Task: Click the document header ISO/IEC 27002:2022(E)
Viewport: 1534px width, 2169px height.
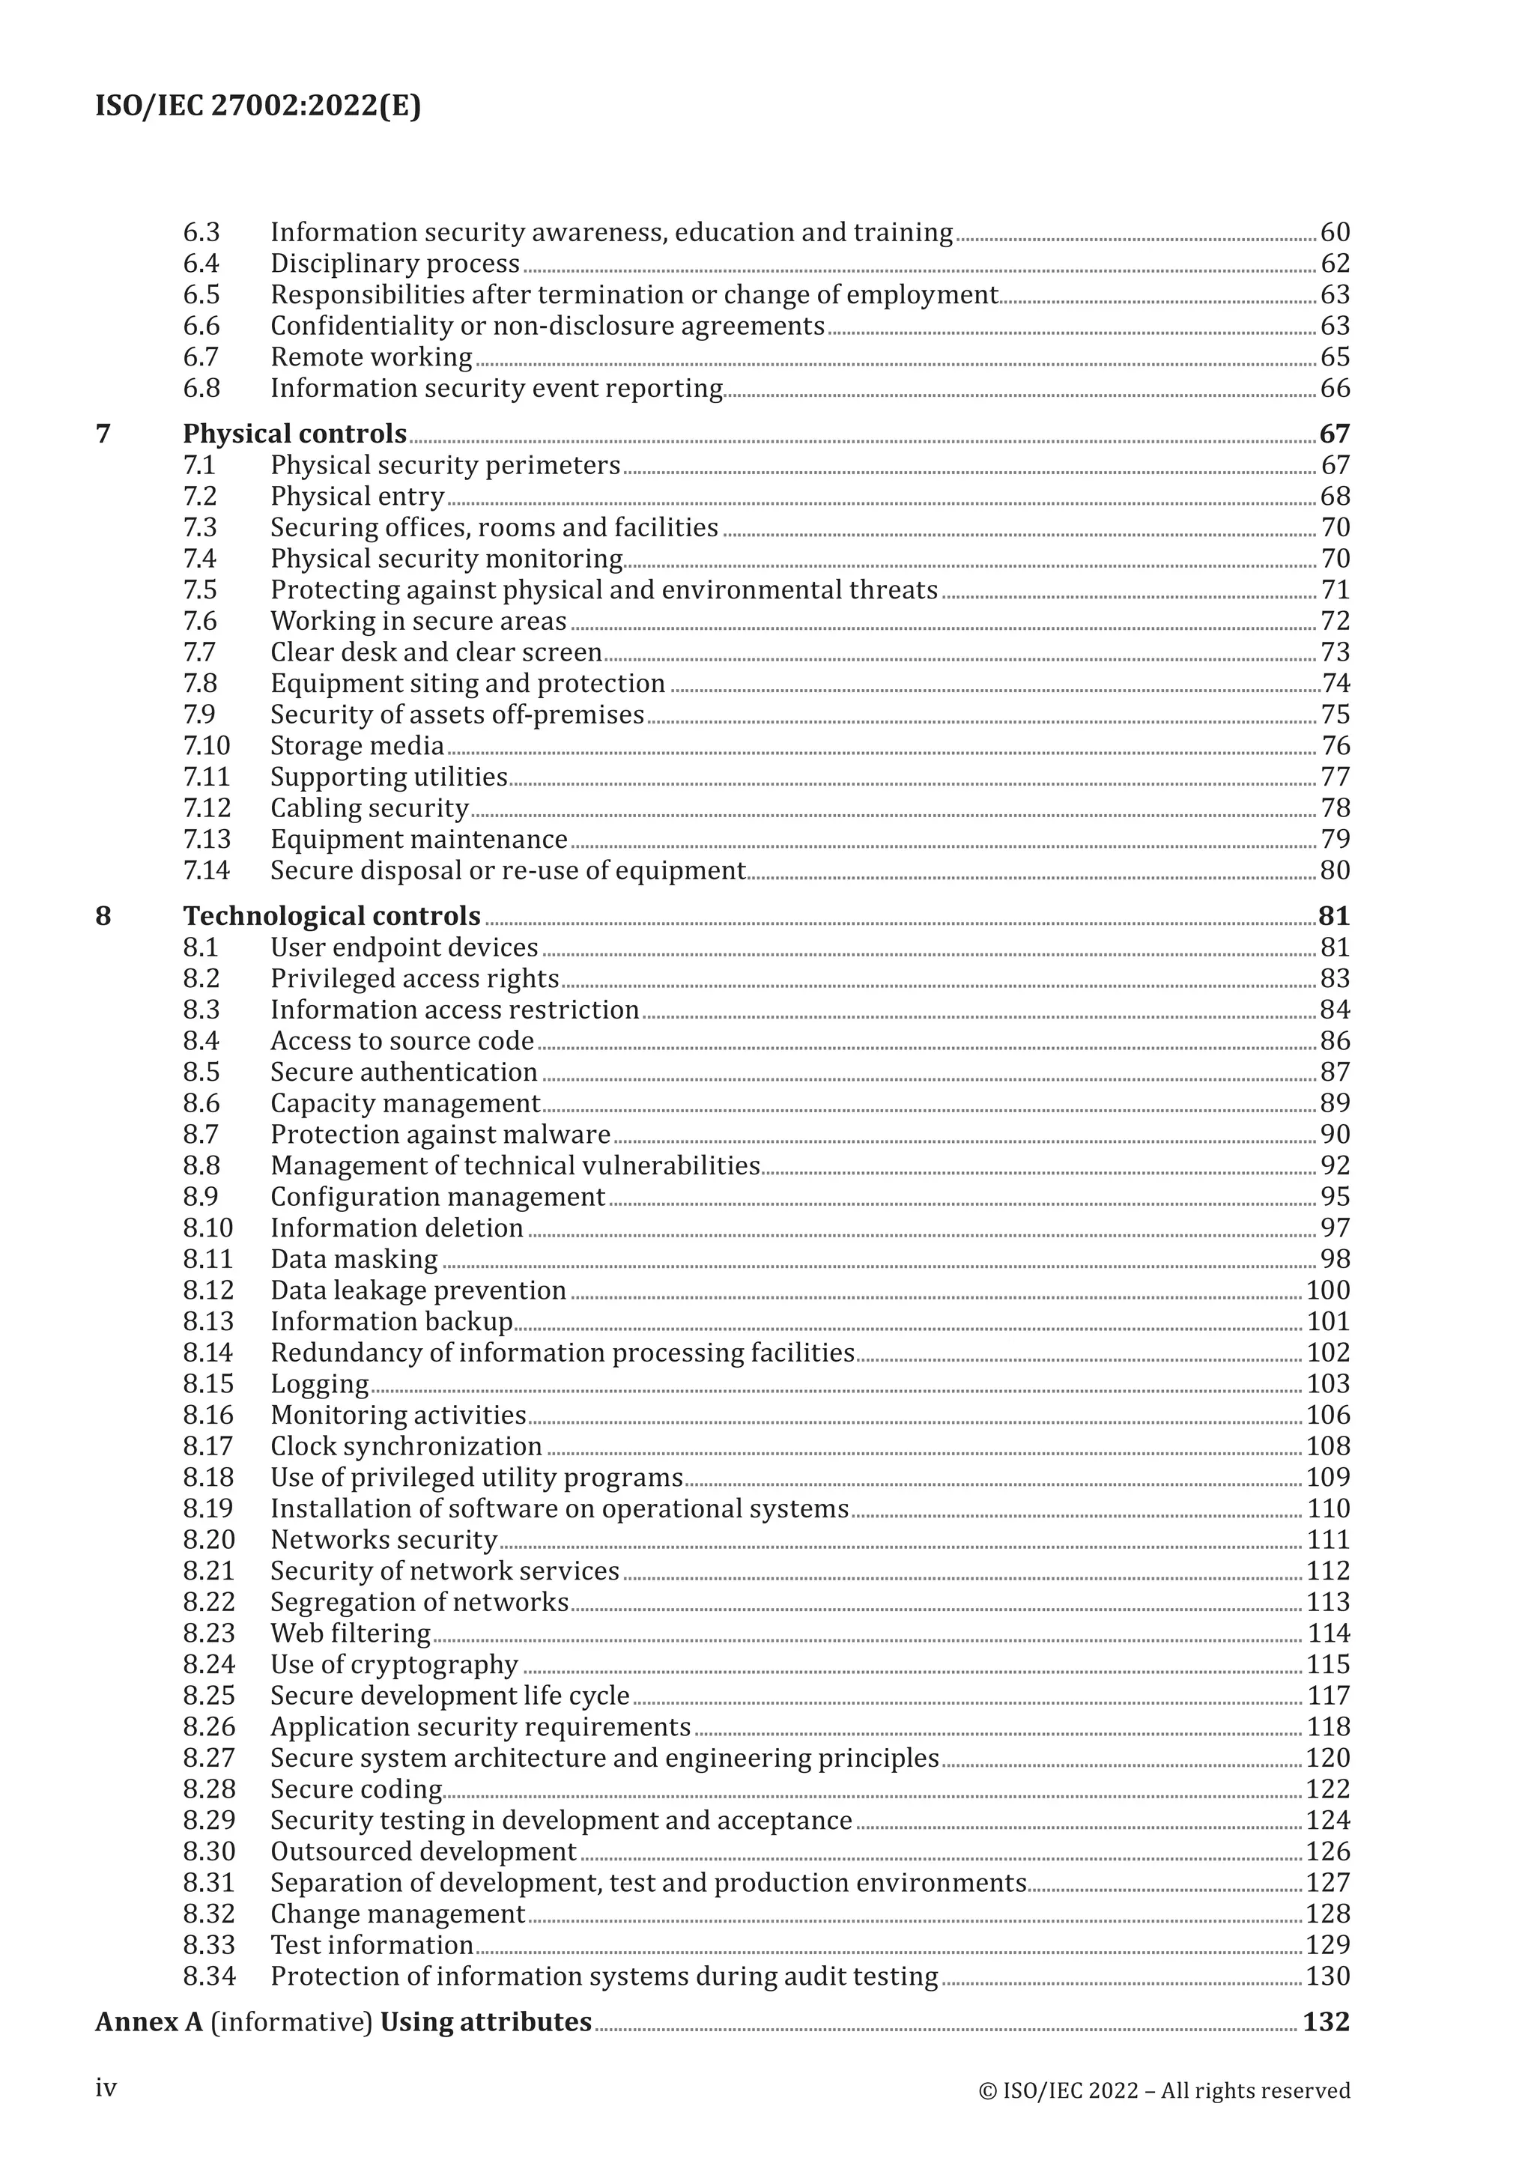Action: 258,106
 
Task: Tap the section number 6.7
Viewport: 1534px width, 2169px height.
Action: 201,357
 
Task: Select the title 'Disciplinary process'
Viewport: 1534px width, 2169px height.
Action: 395,264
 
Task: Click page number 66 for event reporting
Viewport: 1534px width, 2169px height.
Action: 1335,388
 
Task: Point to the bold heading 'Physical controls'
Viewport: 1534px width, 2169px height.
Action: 294,434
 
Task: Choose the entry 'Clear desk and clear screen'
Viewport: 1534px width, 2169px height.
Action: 437,652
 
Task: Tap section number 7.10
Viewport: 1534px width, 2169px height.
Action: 206,745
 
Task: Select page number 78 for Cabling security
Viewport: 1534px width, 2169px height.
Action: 1335,807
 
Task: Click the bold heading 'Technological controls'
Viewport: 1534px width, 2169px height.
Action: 332,915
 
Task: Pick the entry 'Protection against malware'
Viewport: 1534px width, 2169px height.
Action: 440,1134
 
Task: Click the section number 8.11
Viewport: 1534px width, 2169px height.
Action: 207,1258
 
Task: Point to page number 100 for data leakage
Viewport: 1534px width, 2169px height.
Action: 1328,1290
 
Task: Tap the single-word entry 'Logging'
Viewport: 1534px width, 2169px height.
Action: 319,1383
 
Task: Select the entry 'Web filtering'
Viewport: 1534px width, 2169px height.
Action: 351,1633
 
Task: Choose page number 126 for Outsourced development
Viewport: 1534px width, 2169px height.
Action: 1328,1851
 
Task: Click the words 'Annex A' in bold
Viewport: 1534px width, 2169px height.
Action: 149,2021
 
